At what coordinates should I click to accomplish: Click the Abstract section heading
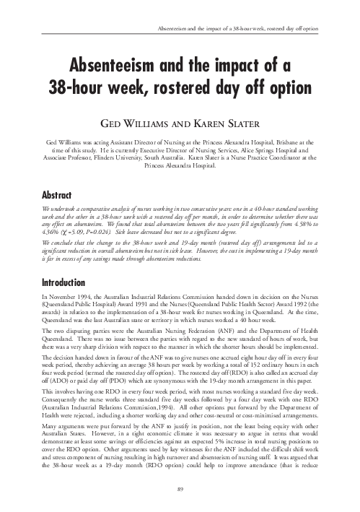click(x=62, y=195)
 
